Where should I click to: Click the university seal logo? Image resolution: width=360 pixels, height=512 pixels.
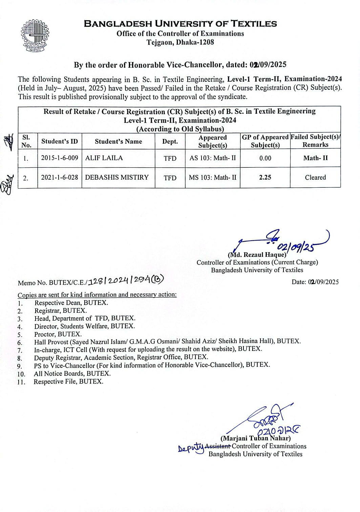tap(36, 36)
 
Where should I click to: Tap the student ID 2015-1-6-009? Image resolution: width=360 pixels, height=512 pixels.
tap(60, 158)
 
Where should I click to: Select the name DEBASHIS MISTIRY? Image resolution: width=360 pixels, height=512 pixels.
tap(117, 177)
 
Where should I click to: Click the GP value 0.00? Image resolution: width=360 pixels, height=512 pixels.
tap(265, 158)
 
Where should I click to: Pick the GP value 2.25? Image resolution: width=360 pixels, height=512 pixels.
tap(265, 177)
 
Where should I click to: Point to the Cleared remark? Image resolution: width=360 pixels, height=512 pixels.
tap(315, 177)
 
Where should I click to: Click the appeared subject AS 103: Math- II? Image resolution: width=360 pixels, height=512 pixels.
tap(213, 158)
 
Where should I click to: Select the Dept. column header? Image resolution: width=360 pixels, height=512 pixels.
tap(170, 142)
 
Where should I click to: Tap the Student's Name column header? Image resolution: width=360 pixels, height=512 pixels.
tap(118, 142)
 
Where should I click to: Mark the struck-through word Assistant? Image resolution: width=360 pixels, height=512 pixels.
tap(218, 446)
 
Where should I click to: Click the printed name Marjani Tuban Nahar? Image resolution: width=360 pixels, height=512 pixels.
tap(255, 438)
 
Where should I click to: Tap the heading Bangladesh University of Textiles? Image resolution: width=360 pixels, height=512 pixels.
tap(180, 24)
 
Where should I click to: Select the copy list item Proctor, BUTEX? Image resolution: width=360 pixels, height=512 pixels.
tap(58, 334)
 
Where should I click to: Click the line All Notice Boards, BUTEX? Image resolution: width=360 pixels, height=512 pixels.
tap(72, 373)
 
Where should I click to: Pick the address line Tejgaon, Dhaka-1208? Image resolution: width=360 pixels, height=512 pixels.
tap(180, 42)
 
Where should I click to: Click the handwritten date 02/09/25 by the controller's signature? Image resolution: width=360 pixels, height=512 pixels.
tap(295, 247)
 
